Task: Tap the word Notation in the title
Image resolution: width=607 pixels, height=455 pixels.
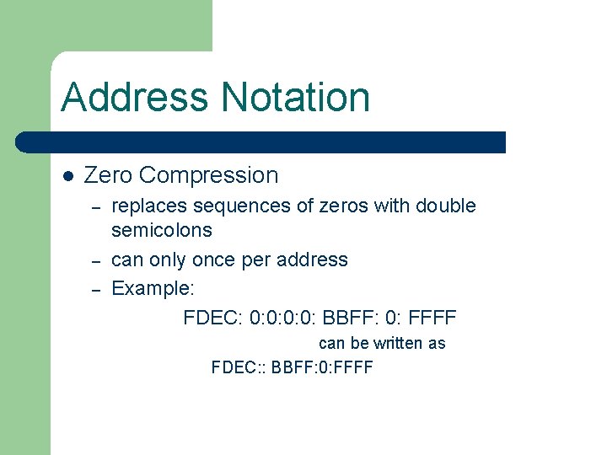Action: [x=294, y=97]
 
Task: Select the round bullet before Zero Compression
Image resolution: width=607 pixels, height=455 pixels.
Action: [x=68, y=176]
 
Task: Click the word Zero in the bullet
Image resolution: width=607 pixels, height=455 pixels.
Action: [x=109, y=175]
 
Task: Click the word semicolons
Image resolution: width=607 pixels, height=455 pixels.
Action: [x=162, y=230]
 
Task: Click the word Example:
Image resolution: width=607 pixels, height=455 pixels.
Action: [x=153, y=288]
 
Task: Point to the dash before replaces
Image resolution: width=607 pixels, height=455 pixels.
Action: [x=96, y=206]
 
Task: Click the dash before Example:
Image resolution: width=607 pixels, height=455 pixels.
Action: [x=96, y=289]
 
